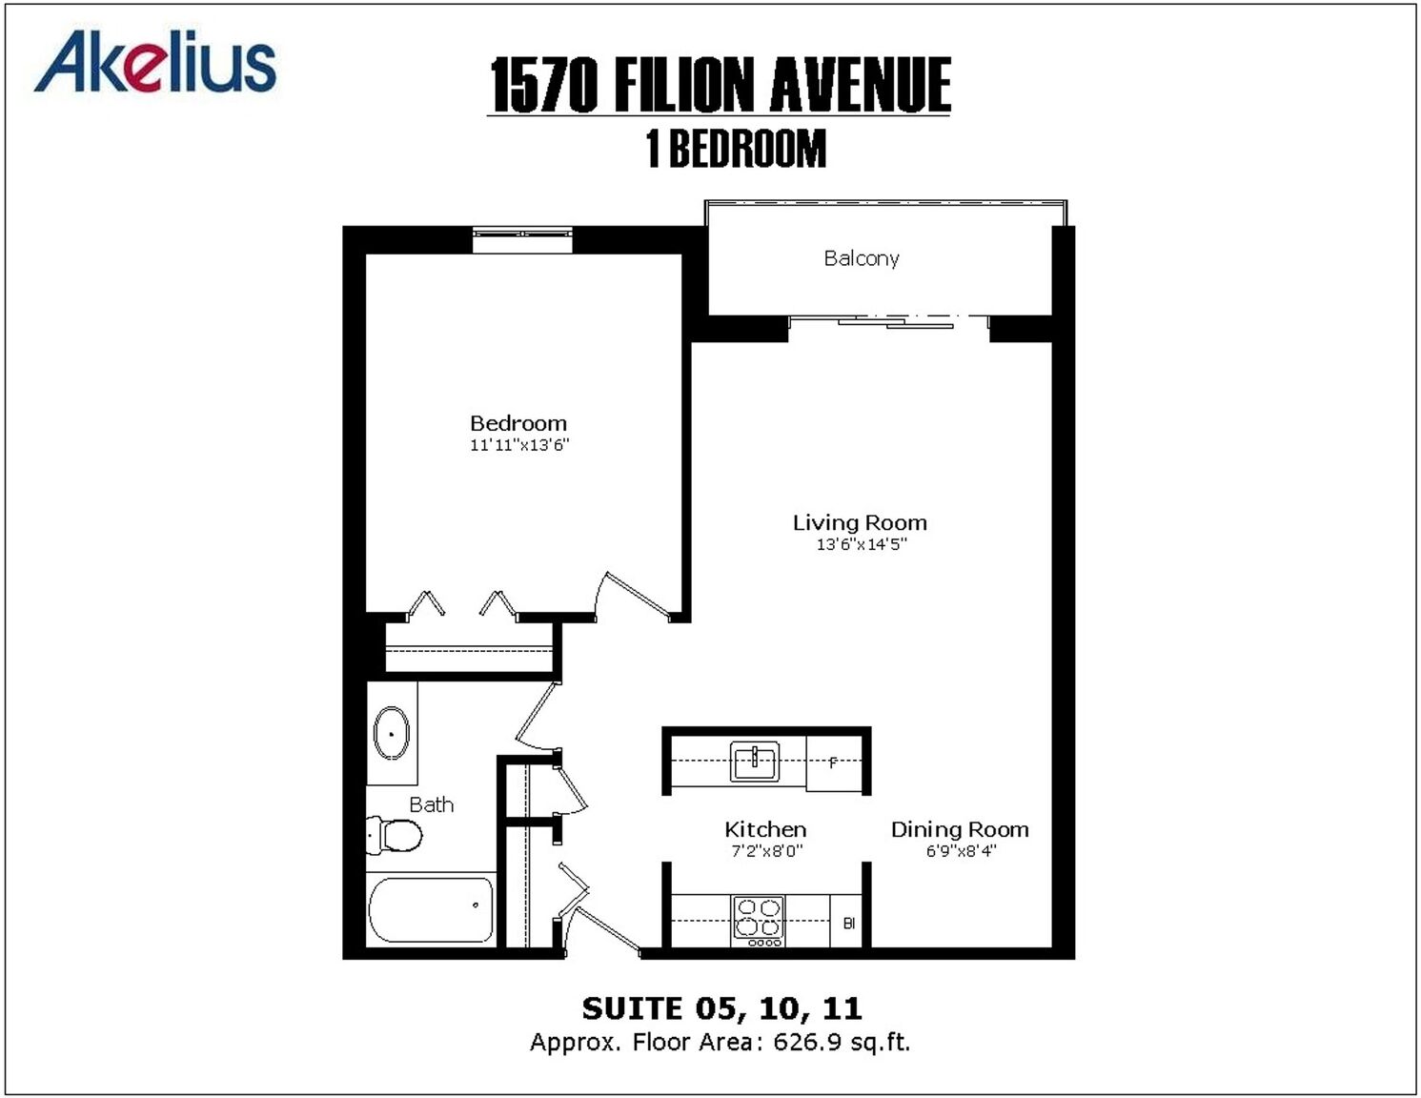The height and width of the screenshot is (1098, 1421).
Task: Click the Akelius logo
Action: tap(155, 61)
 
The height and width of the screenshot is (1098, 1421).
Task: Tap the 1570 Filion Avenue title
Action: tap(720, 85)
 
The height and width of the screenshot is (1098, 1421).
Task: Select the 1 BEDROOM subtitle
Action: tap(736, 149)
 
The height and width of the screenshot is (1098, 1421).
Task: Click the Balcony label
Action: tap(862, 258)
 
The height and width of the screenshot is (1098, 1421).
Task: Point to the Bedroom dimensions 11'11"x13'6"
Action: tap(519, 445)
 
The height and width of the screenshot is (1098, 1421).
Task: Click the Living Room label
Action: tap(860, 522)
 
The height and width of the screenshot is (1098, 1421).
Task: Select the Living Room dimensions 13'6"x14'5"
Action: tap(862, 544)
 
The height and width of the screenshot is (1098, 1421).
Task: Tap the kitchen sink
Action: tap(755, 762)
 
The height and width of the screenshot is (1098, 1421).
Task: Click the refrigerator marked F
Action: tap(833, 763)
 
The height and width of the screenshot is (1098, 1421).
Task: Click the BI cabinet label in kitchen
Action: tap(849, 924)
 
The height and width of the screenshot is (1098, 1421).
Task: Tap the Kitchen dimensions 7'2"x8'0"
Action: tap(765, 851)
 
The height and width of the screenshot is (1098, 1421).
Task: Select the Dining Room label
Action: tap(960, 829)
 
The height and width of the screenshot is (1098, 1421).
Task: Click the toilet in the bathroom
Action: tap(393, 835)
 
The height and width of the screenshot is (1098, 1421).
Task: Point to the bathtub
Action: tap(431, 910)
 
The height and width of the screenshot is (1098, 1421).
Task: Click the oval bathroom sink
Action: tap(391, 733)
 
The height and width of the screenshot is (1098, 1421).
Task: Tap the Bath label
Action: tap(431, 804)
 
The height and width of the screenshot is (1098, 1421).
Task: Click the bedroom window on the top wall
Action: tap(522, 239)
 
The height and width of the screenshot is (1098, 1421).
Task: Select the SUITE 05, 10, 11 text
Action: tap(722, 1007)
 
